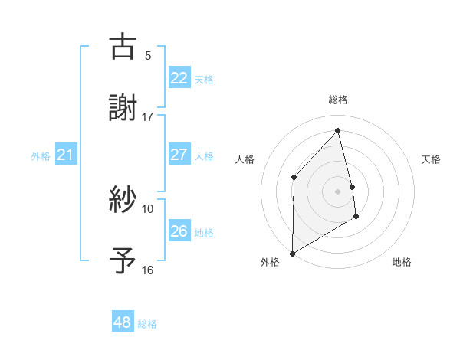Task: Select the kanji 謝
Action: (x=123, y=107)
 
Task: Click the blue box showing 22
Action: (x=179, y=77)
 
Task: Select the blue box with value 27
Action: (x=179, y=155)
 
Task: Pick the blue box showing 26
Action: (x=179, y=231)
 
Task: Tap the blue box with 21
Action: (x=65, y=155)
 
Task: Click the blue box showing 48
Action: (x=122, y=322)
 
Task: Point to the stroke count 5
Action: (x=148, y=55)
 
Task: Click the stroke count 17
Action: (x=148, y=117)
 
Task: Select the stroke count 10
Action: (x=148, y=208)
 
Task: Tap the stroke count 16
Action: (x=148, y=270)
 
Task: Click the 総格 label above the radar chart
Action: (x=338, y=100)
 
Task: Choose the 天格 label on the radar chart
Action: (x=432, y=159)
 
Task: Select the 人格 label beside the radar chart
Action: (x=245, y=159)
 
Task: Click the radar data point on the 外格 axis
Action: (x=292, y=253)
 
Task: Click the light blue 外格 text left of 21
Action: (x=41, y=156)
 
